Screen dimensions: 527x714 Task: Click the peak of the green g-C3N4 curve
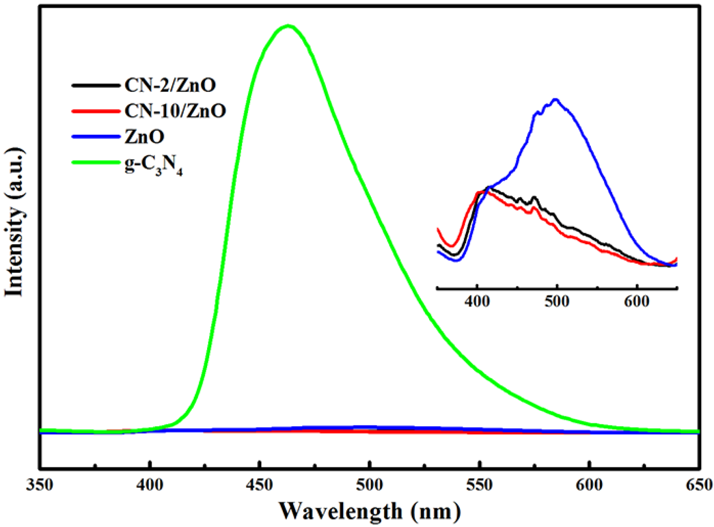coord(288,26)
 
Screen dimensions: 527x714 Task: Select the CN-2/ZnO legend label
coord(170,85)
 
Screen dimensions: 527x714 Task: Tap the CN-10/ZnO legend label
coord(175,111)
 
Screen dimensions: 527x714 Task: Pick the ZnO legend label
coord(144,136)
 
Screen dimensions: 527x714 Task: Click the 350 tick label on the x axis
coord(40,485)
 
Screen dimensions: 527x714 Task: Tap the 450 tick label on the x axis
coord(259,485)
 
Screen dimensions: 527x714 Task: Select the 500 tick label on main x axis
coord(369,485)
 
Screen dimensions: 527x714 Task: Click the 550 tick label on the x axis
coord(479,485)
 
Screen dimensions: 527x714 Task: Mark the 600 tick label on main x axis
coord(589,485)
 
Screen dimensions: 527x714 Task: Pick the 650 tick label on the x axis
coord(699,485)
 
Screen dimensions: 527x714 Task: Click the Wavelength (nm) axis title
coord(370,511)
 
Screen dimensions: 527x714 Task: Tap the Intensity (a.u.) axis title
coord(14,222)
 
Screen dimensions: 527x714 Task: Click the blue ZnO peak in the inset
coord(556,99)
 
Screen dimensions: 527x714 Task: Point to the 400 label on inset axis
coord(477,301)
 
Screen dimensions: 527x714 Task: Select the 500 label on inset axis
coord(557,301)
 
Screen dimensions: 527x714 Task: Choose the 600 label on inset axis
coord(637,301)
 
